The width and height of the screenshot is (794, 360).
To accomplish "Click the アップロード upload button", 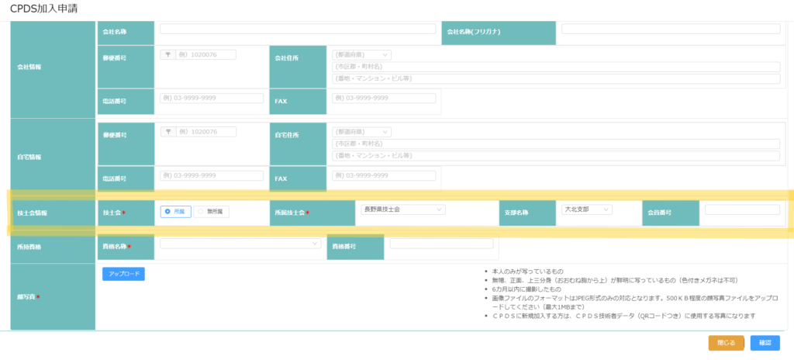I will click(123, 274).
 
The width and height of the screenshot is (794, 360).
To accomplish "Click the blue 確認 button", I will click(765, 343).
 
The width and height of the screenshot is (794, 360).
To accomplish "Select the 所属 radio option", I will click(175, 211).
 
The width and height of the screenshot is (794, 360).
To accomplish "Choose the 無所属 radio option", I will click(211, 211).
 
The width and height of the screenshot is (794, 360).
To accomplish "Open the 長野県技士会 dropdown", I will click(402, 209).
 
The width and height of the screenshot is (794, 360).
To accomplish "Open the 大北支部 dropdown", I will click(587, 209).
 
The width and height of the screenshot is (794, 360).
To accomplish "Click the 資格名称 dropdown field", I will click(240, 244).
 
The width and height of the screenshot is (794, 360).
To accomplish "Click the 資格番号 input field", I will click(440, 244).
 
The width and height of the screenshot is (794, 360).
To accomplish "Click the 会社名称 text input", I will click(298, 29).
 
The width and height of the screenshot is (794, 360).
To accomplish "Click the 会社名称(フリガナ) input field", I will click(671, 29).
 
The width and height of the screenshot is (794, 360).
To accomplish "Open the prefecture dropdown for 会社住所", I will click(361, 55).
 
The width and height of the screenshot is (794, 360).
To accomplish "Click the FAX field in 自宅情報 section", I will click(384, 176).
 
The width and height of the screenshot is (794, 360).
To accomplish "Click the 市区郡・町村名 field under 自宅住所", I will click(555, 144).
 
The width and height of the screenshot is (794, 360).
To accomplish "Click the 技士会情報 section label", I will click(32, 212).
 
